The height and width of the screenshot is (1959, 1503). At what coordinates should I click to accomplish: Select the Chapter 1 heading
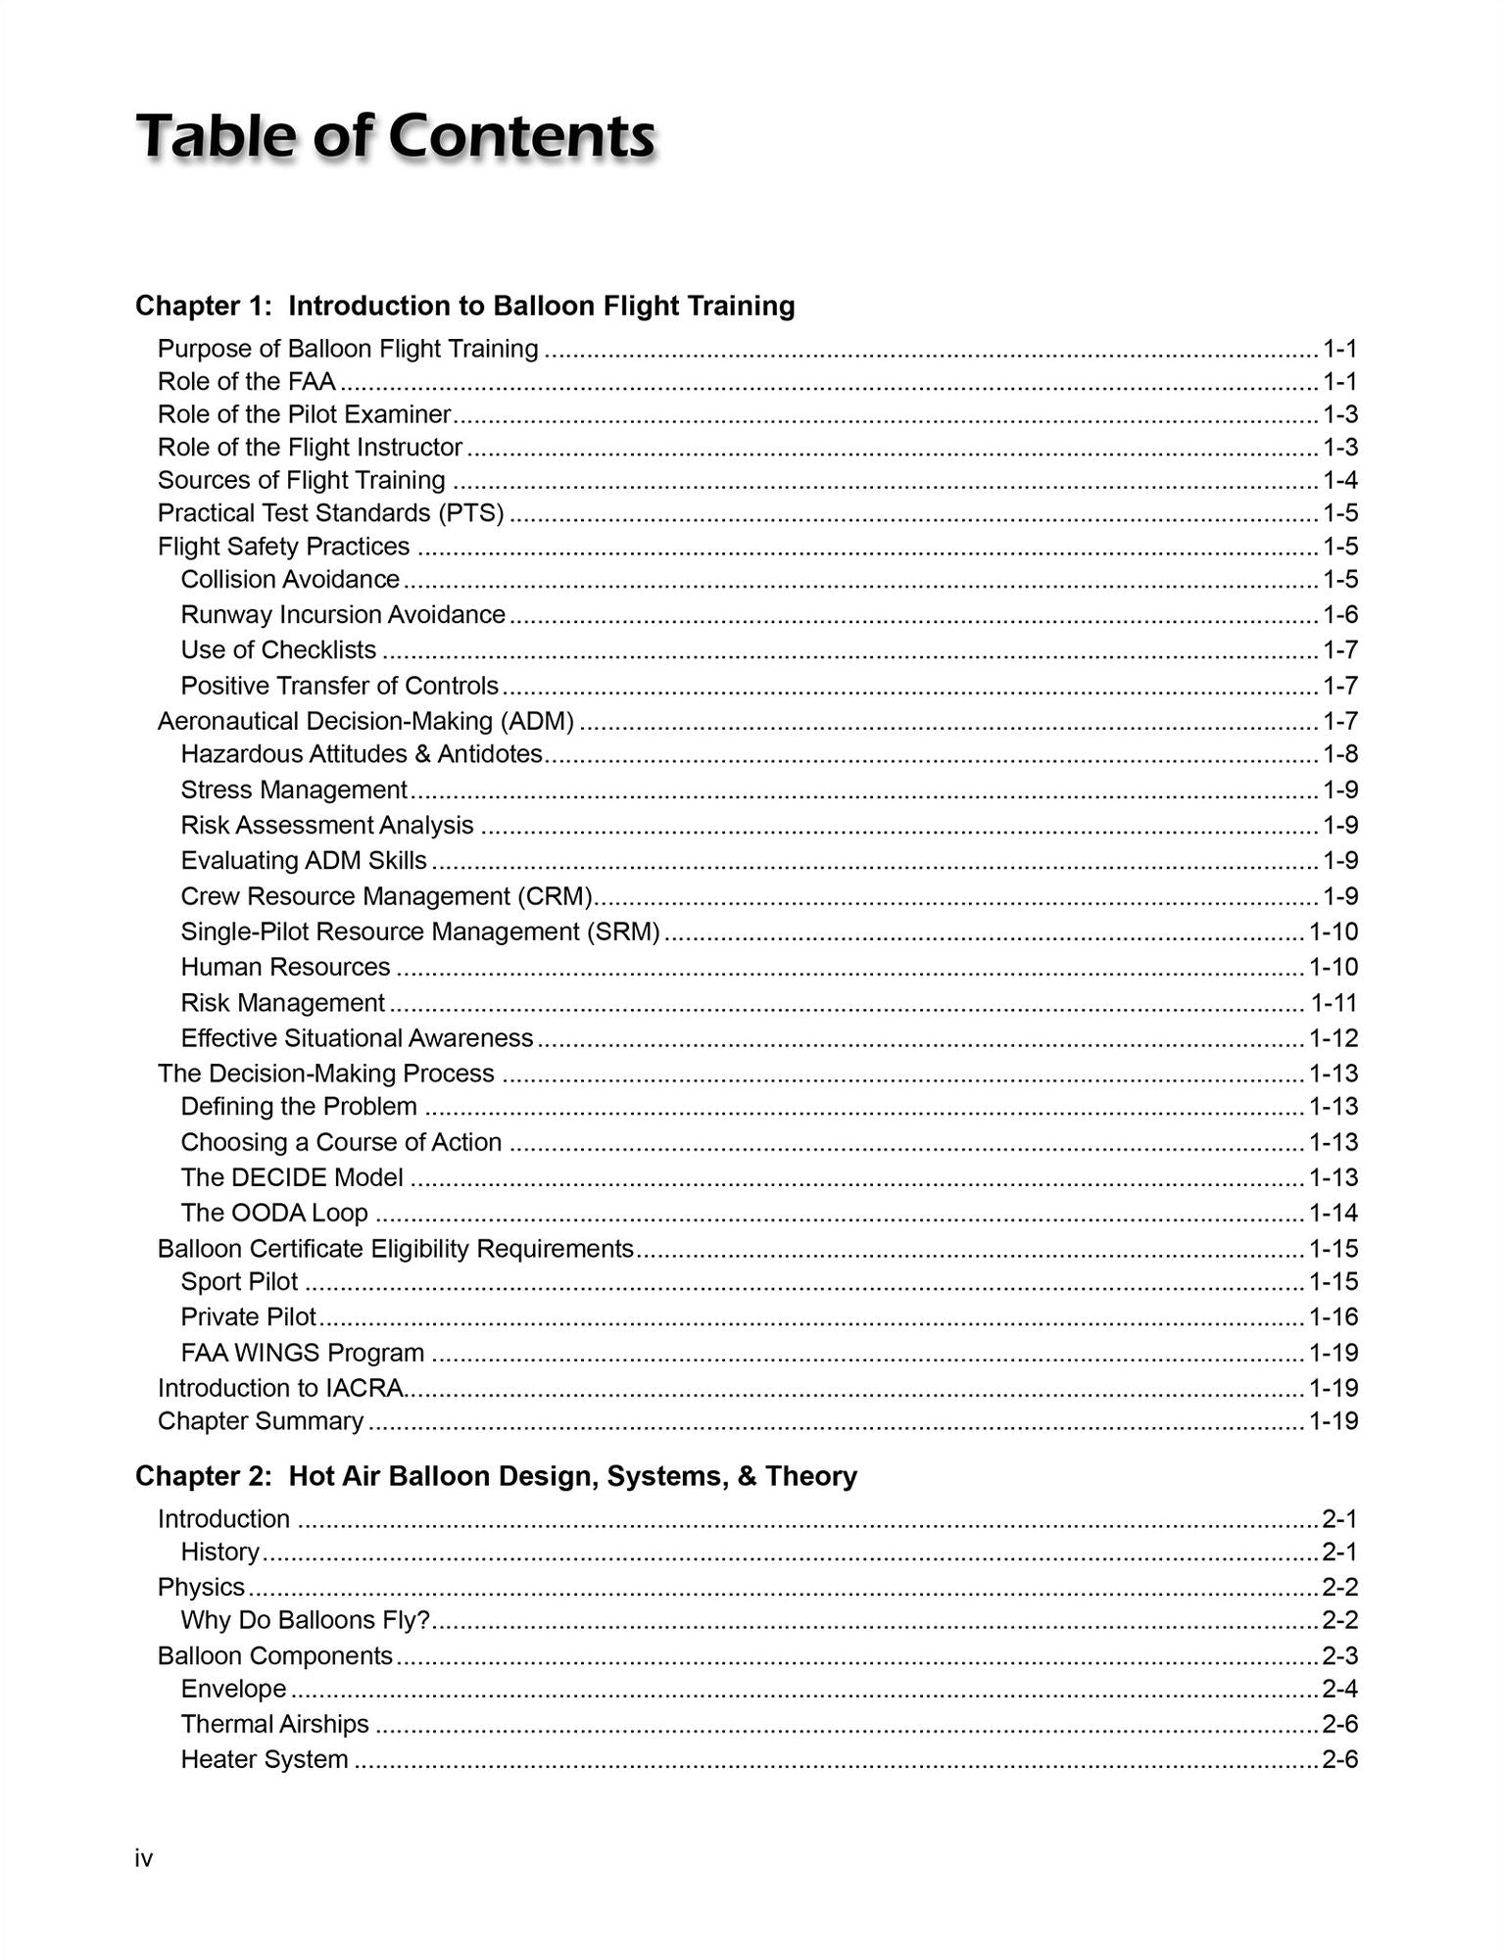[464, 306]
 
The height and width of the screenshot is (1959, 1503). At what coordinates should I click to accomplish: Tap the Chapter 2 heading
[496, 1476]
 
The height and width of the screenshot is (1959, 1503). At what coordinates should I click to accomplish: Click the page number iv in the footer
[144, 1858]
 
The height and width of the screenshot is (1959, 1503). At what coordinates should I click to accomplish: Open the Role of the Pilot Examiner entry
[304, 414]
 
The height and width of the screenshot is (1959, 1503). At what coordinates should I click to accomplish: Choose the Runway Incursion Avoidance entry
[343, 614]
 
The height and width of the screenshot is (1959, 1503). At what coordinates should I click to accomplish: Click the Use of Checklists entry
[278, 650]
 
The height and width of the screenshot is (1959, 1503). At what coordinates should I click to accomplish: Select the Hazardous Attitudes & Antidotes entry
[362, 754]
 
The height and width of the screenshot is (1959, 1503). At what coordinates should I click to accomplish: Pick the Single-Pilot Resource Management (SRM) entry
[420, 932]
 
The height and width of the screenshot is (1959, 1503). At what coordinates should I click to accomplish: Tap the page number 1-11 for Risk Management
[1333, 1003]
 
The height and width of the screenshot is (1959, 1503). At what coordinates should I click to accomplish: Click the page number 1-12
[1333, 1038]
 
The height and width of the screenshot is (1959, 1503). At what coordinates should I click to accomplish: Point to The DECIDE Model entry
[292, 1177]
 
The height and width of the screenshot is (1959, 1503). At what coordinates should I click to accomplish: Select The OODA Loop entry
[274, 1213]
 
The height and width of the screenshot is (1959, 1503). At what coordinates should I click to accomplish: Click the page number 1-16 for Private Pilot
[1333, 1317]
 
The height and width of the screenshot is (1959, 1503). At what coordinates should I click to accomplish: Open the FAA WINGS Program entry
[303, 1353]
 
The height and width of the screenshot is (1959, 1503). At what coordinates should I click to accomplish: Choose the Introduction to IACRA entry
[281, 1388]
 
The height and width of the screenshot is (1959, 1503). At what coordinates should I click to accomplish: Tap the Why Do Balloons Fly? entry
[306, 1620]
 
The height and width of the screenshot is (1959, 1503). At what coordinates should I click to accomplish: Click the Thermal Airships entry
[274, 1724]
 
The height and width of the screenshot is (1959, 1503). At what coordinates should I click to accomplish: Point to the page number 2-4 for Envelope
[1339, 1689]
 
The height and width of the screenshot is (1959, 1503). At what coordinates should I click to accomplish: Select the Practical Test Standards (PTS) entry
[331, 513]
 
